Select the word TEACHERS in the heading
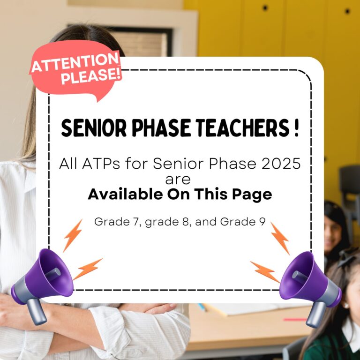pyautogui.click(x=239, y=128)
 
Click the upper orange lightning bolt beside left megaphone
pyautogui.click(x=73, y=234)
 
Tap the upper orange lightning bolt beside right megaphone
pyautogui.click(x=279, y=238)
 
